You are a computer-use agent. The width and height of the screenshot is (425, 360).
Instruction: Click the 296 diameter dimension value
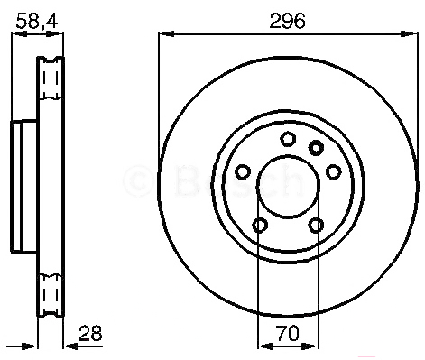click(x=287, y=21)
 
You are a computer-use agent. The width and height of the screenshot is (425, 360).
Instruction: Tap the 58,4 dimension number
click(x=37, y=21)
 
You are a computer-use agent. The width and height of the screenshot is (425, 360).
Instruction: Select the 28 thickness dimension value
click(x=90, y=333)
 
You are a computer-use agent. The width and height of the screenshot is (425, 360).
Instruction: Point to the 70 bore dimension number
click(x=288, y=333)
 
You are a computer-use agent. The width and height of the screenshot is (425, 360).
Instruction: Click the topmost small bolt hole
click(x=288, y=139)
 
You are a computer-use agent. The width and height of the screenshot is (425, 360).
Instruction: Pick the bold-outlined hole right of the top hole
click(x=316, y=148)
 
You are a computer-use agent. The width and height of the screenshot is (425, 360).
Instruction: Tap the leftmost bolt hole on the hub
click(x=243, y=171)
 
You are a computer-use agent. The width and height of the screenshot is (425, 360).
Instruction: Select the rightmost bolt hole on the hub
click(x=334, y=172)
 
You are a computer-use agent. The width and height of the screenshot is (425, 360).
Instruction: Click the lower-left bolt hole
click(x=260, y=226)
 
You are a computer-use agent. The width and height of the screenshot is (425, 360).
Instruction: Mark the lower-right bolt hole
click(x=316, y=226)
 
